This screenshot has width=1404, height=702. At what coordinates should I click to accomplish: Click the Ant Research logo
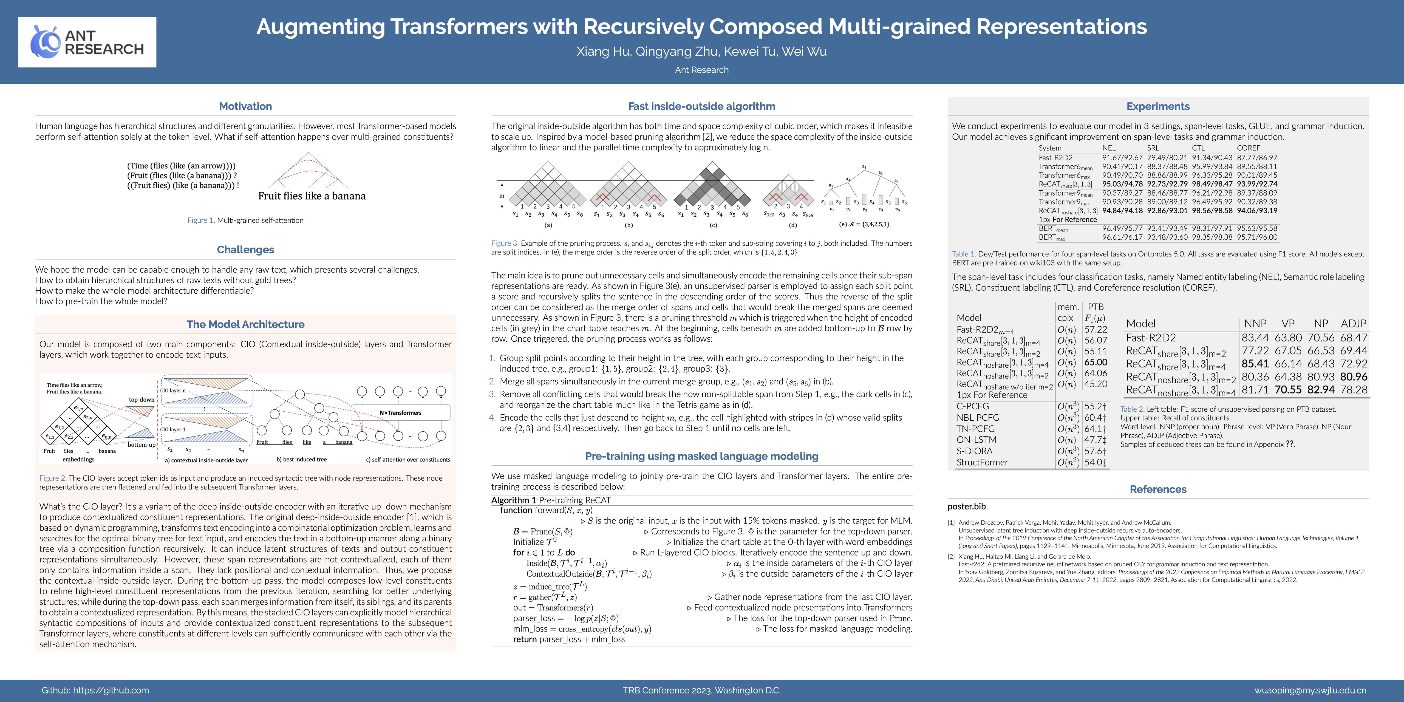[x=87, y=42]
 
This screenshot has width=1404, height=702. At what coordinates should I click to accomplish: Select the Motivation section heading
[x=245, y=106]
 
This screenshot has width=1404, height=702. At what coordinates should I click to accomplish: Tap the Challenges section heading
[x=245, y=250]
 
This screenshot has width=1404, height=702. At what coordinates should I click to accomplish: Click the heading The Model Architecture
[x=245, y=324]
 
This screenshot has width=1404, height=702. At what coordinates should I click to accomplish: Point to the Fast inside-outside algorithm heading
[x=701, y=106]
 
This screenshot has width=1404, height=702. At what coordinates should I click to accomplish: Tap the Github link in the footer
[x=95, y=690]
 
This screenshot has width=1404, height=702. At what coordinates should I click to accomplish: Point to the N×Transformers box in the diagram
[x=401, y=413]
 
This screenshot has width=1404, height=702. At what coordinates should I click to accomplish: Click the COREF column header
[x=1248, y=148]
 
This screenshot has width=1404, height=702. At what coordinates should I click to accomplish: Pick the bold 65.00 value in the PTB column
[x=1096, y=362]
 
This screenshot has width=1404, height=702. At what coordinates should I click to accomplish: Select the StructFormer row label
[x=982, y=462]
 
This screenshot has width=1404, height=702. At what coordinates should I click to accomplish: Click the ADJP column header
[x=1353, y=323]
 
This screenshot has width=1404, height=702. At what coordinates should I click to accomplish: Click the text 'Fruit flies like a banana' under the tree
[x=312, y=196]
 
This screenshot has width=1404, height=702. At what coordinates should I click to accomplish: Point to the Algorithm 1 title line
[x=551, y=500]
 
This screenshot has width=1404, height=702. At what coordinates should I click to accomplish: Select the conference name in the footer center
[x=701, y=690]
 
